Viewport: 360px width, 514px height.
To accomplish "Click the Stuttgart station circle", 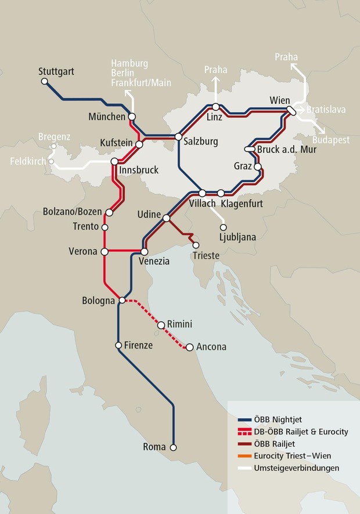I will pyautogui.click(x=45, y=82).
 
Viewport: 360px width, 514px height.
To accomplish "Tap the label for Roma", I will pyautogui.click(x=154, y=447).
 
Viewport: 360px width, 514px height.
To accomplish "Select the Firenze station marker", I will pyautogui.click(x=118, y=345).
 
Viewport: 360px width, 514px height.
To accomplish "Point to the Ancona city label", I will pyautogui.click(x=211, y=347).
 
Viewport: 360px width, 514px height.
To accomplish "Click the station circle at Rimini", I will pyautogui.click(x=161, y=325).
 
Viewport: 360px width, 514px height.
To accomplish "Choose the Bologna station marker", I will pyautogui.click(x=122, y=301).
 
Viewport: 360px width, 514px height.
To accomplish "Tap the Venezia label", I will pyautogui.click(x=154, y=262).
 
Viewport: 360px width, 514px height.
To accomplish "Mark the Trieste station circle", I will pyautogui.click(x=196, y=245).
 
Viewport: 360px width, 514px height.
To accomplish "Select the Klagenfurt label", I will pyautogui.click(x=241, y=204).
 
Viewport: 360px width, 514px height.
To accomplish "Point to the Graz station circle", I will pyautogui.click(x=258, y=167).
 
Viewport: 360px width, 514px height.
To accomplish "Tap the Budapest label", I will pyautogui.click(x=330, y=140).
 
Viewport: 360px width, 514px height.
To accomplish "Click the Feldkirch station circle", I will pyautogui.click(x=52, y=162).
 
